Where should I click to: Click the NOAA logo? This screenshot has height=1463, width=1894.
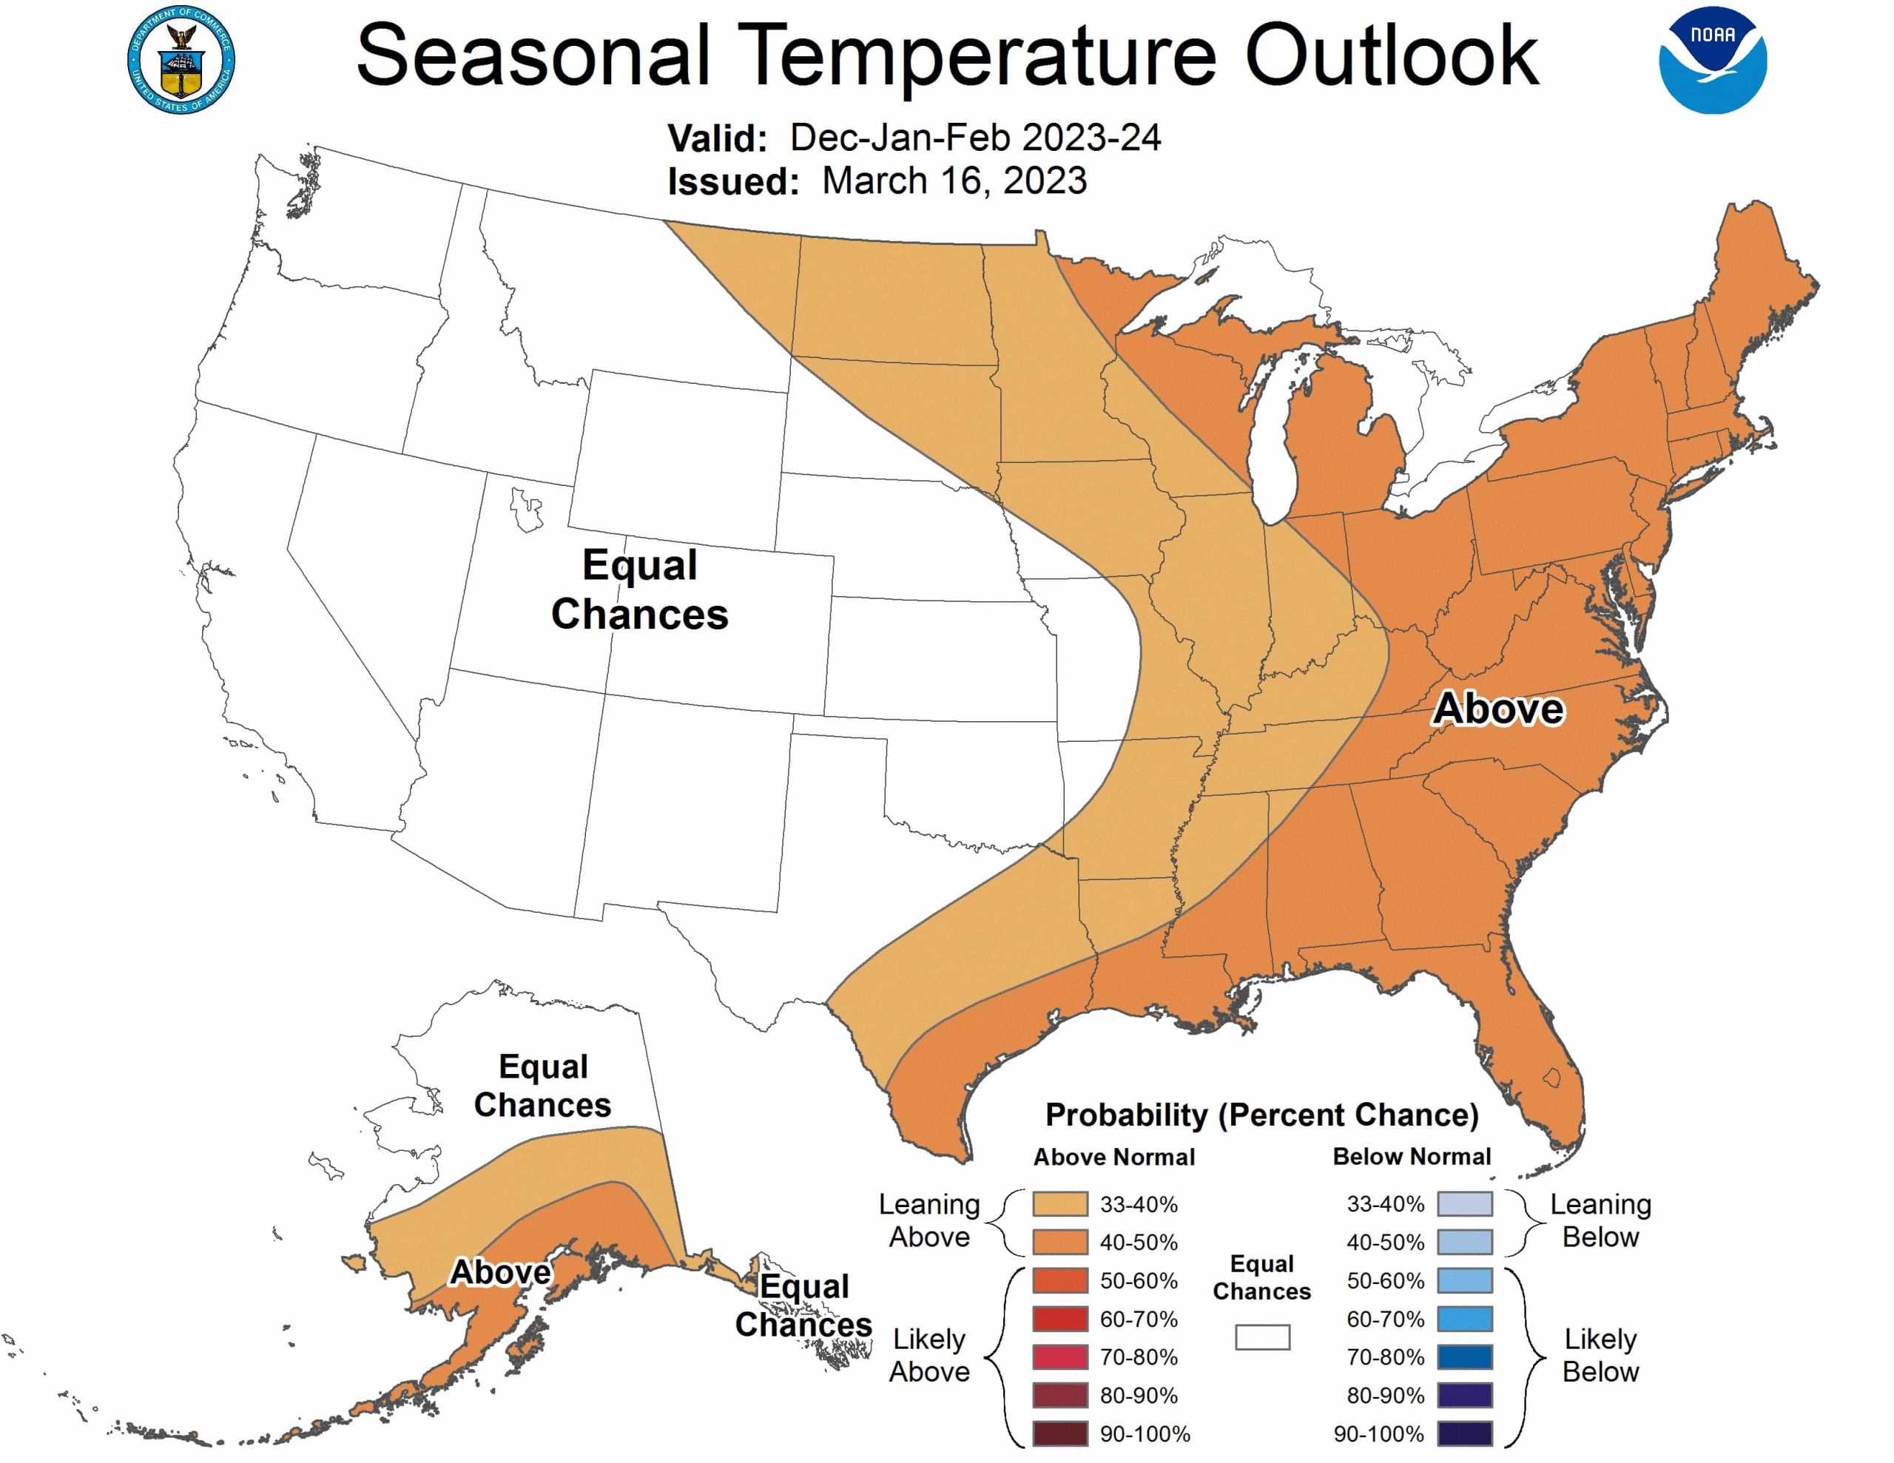(1712, 60)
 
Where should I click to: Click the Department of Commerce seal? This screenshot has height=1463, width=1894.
(181, 60)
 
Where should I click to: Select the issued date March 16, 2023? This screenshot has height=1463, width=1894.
(954, 180)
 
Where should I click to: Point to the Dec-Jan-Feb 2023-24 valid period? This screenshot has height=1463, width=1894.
(975, 137)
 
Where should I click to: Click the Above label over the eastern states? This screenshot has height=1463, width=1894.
(1497, 709)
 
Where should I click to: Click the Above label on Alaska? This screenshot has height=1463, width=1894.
(500, 1271)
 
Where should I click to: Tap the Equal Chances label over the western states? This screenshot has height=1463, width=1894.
(640, 589)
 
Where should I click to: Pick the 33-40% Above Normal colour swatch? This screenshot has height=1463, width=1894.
(1059, 1203)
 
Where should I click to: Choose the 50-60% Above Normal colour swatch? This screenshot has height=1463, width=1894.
(1059, 1280)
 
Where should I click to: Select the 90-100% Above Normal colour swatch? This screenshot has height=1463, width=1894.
(1059, 1433)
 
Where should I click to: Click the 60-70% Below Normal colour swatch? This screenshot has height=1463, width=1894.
(1465, 1318)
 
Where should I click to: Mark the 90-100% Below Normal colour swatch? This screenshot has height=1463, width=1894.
(1465, 1433)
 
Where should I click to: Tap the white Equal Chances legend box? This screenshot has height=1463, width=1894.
(1261, 1337)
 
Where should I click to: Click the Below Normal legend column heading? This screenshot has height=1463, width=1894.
(1412, 1156)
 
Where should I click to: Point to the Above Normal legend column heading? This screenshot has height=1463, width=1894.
(1113, 1156)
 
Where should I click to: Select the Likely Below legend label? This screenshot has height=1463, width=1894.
(1600, 1356)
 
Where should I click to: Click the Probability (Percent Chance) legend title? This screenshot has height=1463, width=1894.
(1261, 1115)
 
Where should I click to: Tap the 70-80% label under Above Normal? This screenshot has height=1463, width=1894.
(1139, 1356)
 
